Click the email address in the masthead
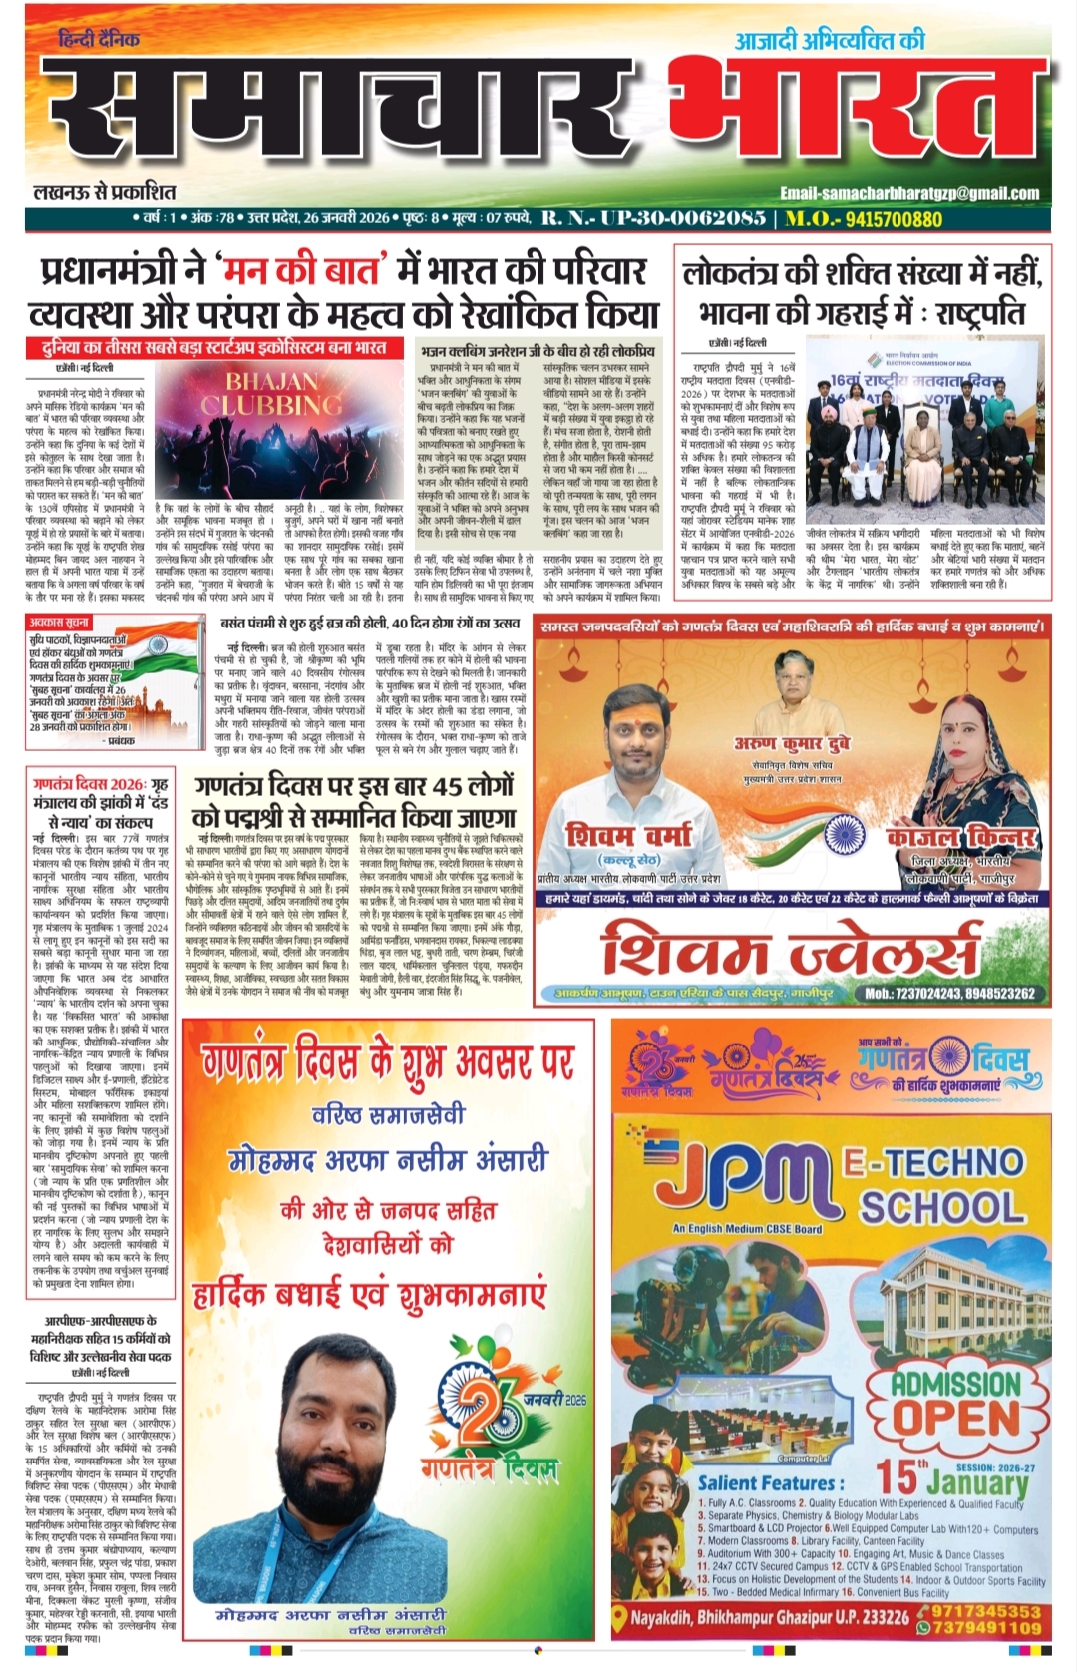click(908, 193)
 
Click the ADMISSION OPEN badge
click(955, 1402)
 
